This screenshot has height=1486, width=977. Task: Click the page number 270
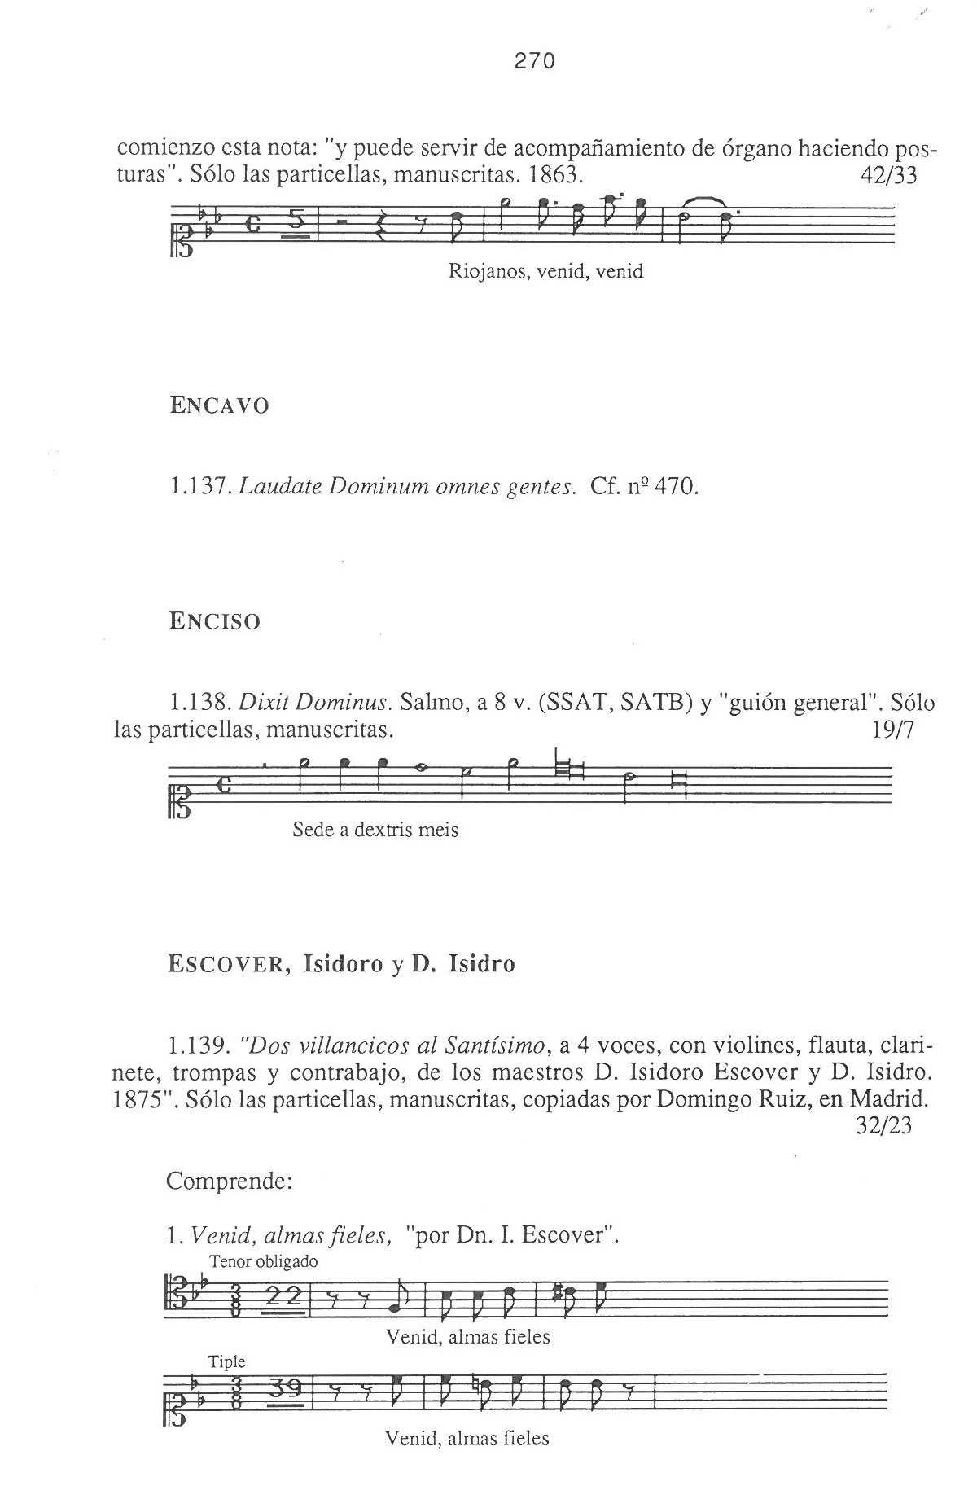(535, 61)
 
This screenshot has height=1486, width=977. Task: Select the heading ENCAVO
(219, 405)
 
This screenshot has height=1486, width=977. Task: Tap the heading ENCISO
(215, 622)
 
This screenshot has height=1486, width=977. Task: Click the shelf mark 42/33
(888, 176)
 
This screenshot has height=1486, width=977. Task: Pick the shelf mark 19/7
(892, 730)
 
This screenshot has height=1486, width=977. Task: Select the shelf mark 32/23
(884, 1125)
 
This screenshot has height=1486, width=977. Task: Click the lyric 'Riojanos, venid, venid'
(545, 272)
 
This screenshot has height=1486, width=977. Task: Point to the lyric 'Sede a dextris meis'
(375, 831)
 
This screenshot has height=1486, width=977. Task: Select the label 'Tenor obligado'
(264, 1262)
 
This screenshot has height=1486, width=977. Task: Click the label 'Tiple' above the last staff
(227, 1361)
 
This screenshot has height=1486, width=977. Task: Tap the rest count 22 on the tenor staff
(285, 1296)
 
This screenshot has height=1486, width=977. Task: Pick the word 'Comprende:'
(229, 1181)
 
